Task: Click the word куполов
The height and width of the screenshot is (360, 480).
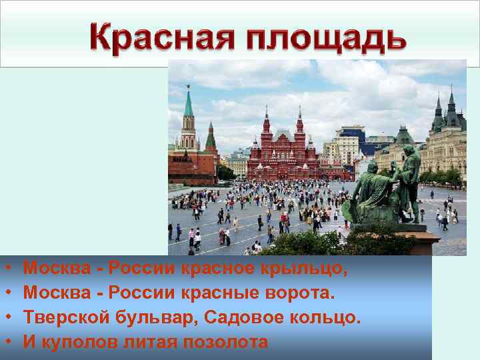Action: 80,343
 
